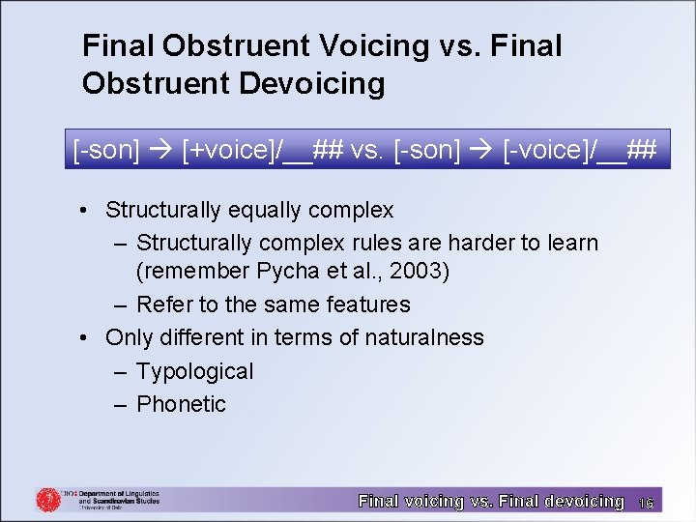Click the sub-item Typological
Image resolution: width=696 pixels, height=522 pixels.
click(194, 371)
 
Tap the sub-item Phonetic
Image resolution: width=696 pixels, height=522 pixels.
click(181, 404)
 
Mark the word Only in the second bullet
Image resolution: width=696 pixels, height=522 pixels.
click(128, 337)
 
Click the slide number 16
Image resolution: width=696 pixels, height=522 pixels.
click(647, 503)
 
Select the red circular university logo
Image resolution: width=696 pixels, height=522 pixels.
click(48, 499)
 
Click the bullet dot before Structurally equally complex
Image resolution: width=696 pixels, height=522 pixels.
click(87, 211)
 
